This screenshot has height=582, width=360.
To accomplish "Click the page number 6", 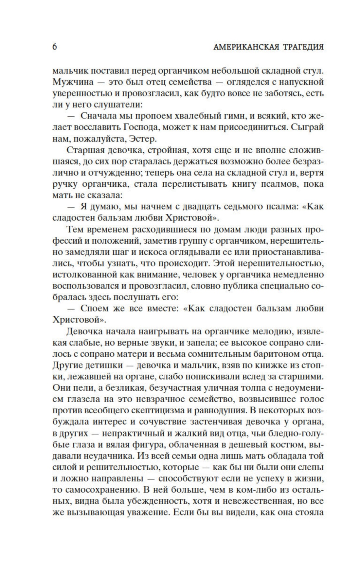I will pos(55,47).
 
